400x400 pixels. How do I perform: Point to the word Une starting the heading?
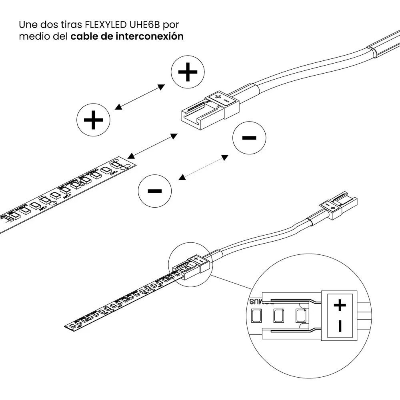point(28,24)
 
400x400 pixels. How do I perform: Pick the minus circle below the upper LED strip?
point(155,191)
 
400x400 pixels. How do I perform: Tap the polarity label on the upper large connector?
point(221,98)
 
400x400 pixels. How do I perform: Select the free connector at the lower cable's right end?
point(338,206)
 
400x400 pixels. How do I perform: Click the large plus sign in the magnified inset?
point(340,306)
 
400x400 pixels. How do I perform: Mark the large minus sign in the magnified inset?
point(340,326)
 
